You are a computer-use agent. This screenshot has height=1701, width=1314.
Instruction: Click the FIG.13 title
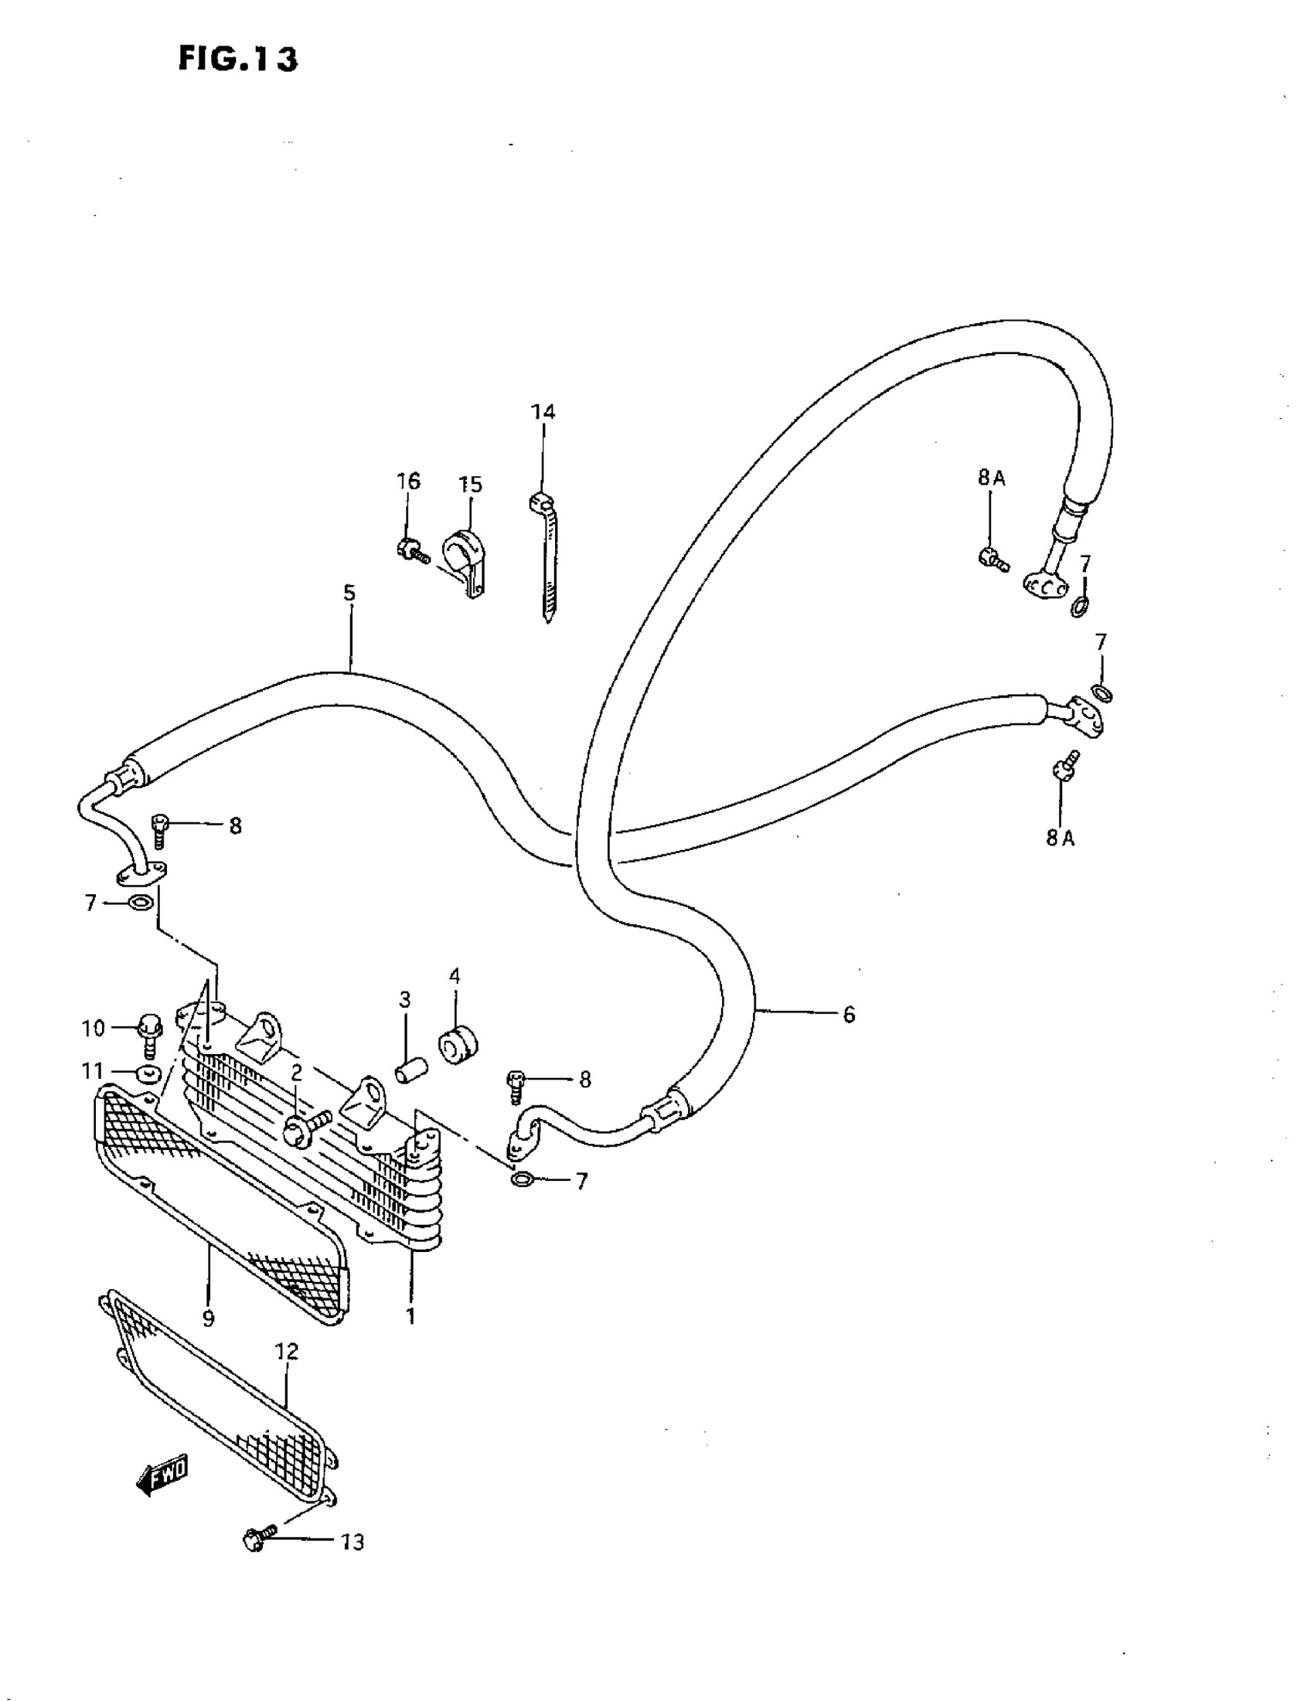tap(237, 59)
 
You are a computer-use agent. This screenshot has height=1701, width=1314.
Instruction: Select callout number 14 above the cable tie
tap(543, 412)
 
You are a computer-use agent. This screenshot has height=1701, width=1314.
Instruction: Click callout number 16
tap(408, 481)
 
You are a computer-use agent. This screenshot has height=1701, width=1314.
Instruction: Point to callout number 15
tap(470, 485)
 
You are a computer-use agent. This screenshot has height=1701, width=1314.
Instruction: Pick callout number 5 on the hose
tap(349, 594)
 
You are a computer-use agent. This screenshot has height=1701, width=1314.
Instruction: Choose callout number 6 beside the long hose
tap(848, 1014)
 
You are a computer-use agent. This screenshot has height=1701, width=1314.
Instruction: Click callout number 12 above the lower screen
tap(287, 1352)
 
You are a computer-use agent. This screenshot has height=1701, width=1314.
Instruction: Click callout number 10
tap(93, 1028)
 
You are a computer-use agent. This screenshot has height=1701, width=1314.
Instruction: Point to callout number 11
tap(93, 1073)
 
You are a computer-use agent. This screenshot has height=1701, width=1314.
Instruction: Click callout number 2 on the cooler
tap(297, 1073)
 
